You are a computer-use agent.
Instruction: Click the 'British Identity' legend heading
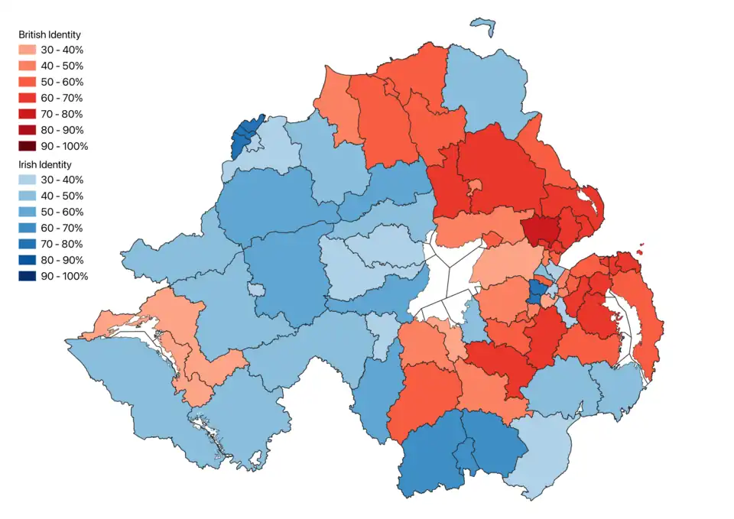pyautogui.click(x=50, y=35)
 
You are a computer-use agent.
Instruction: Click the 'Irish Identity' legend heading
pyautogui.click(x=45, y=164)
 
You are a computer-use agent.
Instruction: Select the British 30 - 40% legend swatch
pyautogui.click(x=29, y=50)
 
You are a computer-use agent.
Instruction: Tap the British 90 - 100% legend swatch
pyautogui.click(x=29, y=146)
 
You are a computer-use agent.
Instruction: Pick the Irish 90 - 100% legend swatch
pyautogui.click(x=29, y=276)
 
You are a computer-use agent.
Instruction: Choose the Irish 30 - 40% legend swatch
pyautogui.click(x=29, y=180)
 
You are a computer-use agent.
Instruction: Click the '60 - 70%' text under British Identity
pyautogui.click(x=62, y=98)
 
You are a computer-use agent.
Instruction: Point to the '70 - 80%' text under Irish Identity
pyautogui.click(x=62, y=244)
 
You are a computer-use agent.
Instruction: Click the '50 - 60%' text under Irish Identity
pyautogui.click(x=62, y=212)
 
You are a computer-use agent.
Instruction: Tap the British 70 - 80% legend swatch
pyautogui.click(x=29, y=114)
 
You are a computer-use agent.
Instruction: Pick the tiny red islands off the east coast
pyautogui.click(x=640, y=248)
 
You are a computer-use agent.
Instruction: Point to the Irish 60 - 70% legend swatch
pyautogui.click(x=29, y=228)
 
